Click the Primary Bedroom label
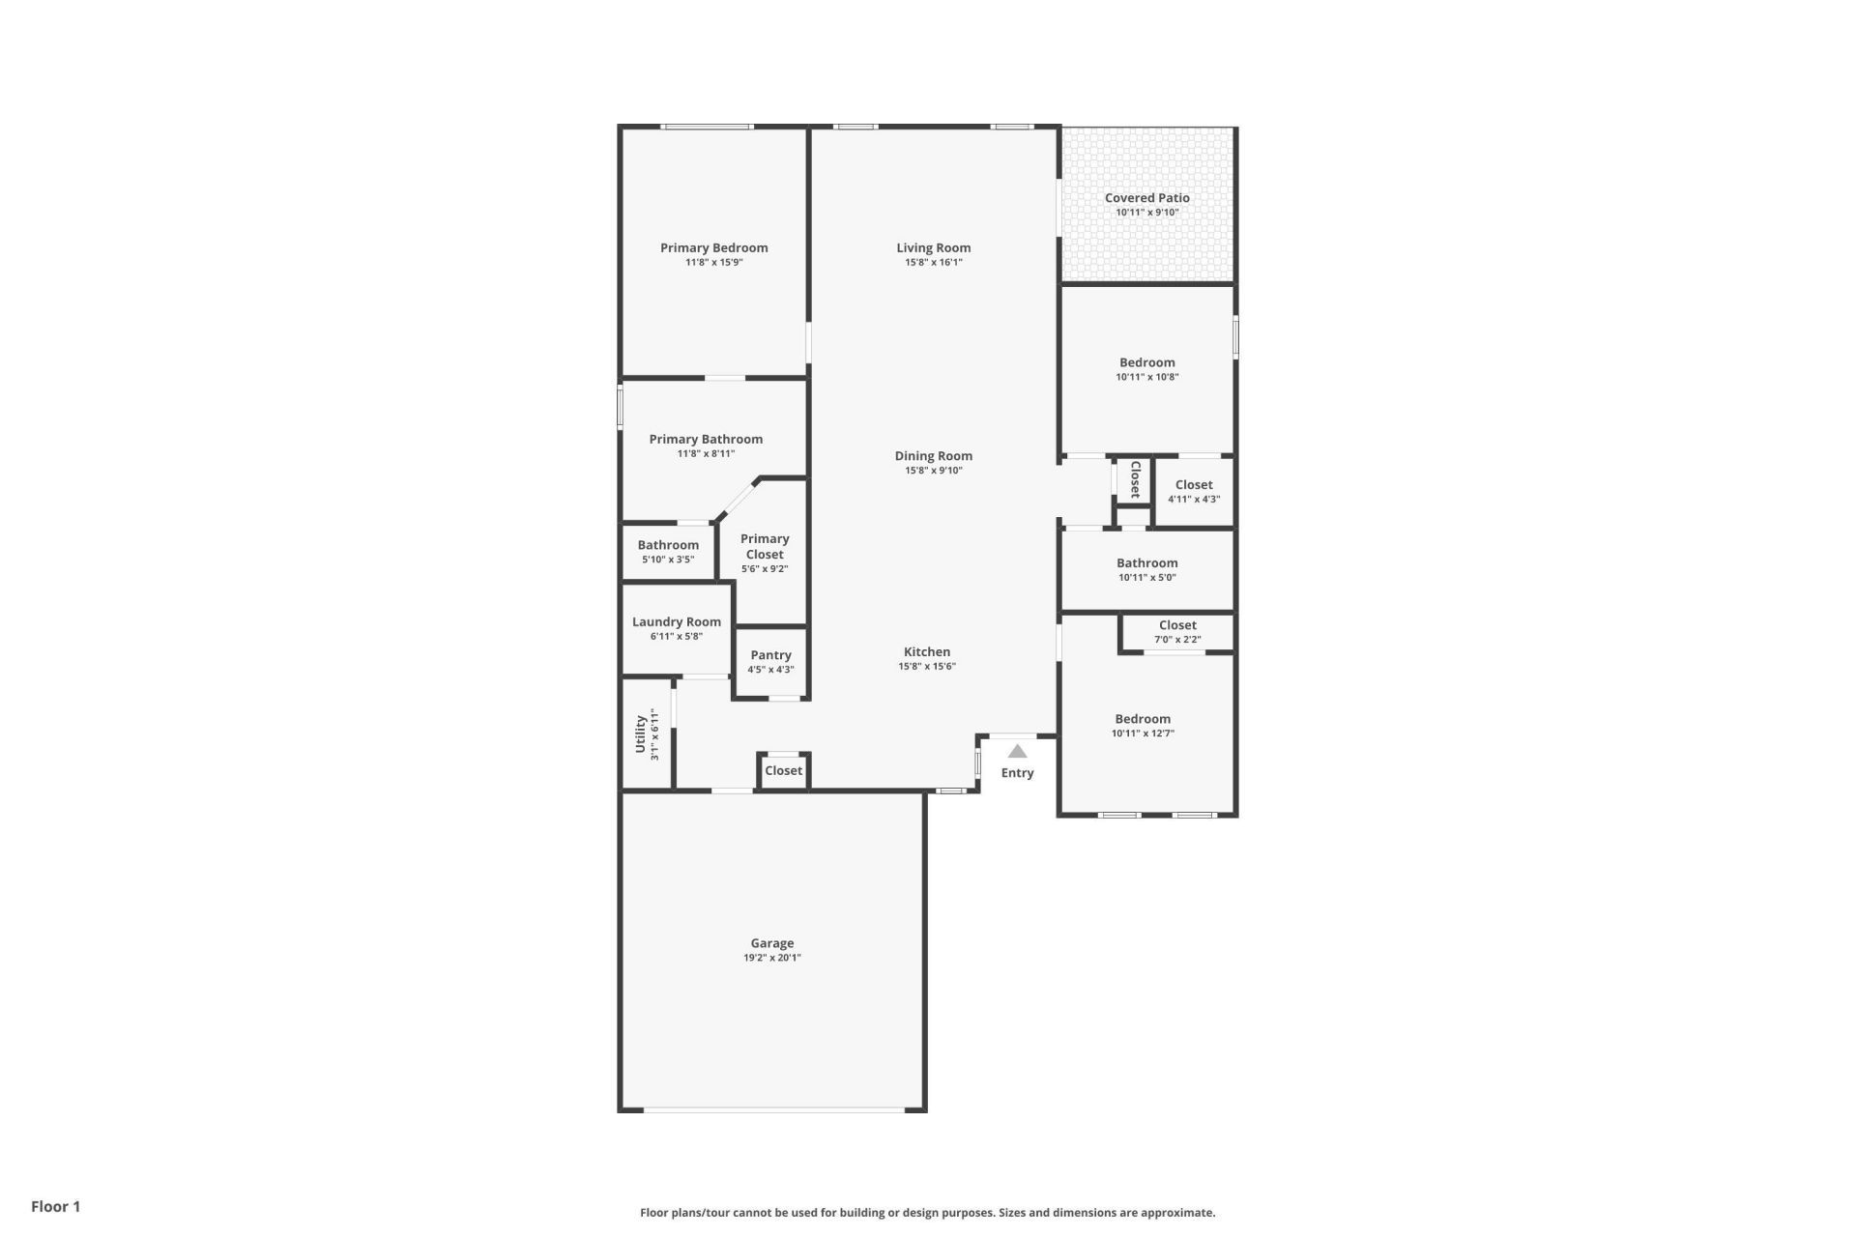(713, 248)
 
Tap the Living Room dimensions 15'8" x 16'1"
(933, 263)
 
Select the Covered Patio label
(1146, 198)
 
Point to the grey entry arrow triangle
(1017, 752)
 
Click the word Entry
(1017, 773)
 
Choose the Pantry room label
(770, 655)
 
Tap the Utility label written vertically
(640, 734)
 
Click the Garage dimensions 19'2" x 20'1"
(771, 959)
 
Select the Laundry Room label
(676, 622)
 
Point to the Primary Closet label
(765, 547)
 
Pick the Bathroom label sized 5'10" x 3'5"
(668, 545)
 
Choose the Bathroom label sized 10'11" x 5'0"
(1146, 563)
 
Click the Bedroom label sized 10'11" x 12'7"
(1143, 719)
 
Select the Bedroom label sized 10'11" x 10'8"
(1146, 363)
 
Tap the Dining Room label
(933, 456)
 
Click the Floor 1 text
(55, 1206)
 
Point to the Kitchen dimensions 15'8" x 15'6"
(927, 667)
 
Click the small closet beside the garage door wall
(783, 771)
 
